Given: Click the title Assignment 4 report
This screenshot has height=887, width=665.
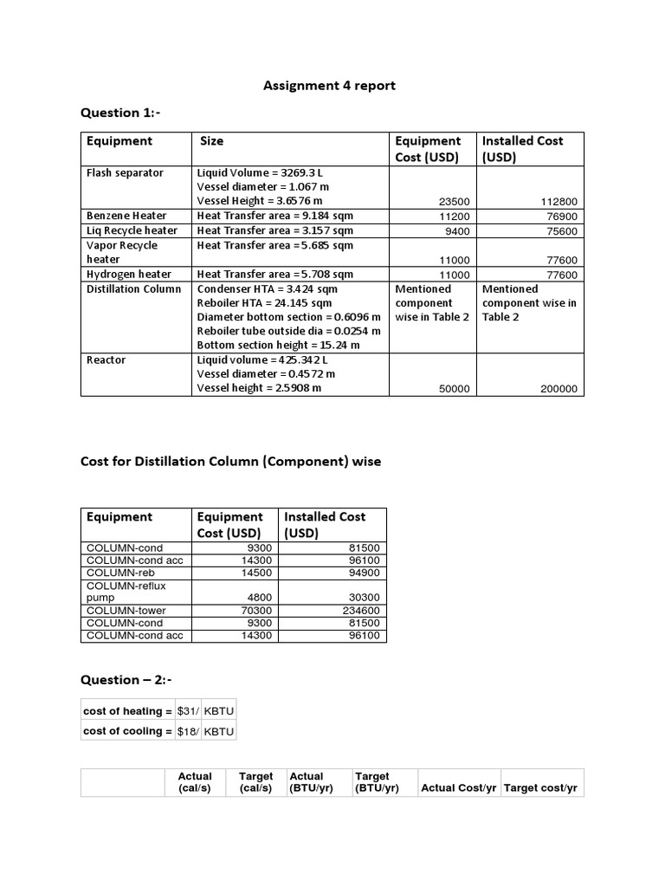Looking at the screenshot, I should point(329,85).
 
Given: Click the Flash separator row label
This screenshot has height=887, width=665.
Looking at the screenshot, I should point(125,173).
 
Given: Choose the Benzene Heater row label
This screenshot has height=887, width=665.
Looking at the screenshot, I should point(126,216).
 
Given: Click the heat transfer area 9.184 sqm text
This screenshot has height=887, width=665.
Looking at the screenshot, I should point(274,216).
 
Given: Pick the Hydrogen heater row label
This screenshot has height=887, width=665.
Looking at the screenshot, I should point(129,275).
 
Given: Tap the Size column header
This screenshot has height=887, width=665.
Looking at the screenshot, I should point(211,141).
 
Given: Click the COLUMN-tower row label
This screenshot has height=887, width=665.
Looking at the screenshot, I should point(126,611).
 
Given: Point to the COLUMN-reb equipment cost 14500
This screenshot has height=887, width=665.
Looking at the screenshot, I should point(258,573).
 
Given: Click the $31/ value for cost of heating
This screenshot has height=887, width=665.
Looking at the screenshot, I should point(188,711).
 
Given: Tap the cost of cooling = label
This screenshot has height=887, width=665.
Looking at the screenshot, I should point(126,731).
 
